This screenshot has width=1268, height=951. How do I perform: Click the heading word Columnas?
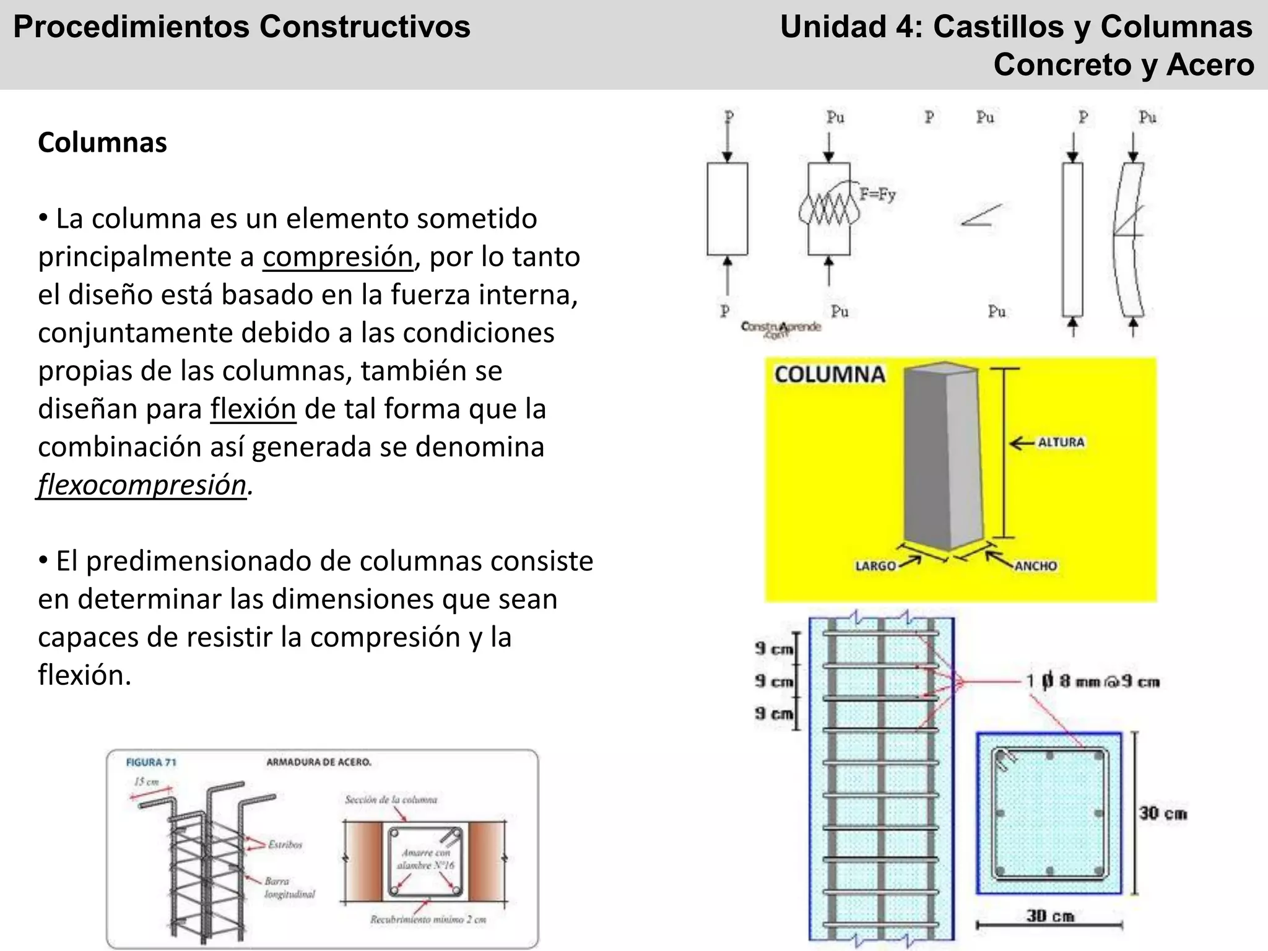click(x=102, y=142)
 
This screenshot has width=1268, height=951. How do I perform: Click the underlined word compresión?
click(x=337, y=257)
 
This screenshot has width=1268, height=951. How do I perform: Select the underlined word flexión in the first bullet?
click(x=253, y=409)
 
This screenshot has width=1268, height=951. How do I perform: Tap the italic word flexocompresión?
click(x=142, y=485)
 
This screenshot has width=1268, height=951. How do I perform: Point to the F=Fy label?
click(x=877, y=194)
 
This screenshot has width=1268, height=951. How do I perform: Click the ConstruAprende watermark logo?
click(x=780, y=328)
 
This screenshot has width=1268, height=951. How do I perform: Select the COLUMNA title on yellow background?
click(x=829, y=375)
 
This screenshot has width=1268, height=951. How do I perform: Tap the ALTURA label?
click(x=1061, y=442)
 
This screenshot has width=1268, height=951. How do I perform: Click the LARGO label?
click(x=875, y=565)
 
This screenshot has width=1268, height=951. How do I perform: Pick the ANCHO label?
click(x=1035, y=565)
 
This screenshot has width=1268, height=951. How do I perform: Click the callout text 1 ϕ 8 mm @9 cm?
click(x=1092, y=681)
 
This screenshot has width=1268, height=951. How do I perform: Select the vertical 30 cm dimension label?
click(x=1163, y=813)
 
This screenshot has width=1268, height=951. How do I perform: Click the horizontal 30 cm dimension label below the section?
click(x=1049, y=916)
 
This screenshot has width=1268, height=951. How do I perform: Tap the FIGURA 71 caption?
click(x=151, y=762)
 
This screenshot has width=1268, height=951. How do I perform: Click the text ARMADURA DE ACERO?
click(x=318, y=762)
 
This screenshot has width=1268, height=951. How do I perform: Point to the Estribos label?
click(x=285, y=844)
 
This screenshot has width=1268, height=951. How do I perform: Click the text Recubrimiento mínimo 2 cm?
click(x=428, y=919)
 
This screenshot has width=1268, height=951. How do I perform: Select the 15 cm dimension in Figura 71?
click(x=146, y=781)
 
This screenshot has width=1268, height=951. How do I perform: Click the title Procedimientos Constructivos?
click(x=241, y=27)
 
